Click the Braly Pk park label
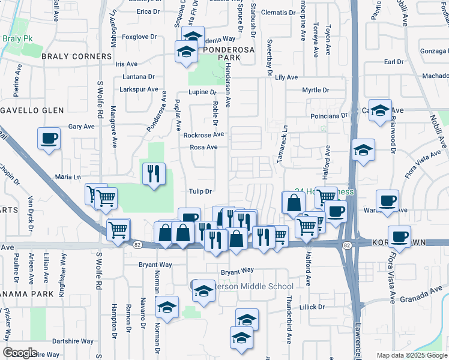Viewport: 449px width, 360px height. (x=16, y=38)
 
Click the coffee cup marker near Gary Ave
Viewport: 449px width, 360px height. (x=49, y=139)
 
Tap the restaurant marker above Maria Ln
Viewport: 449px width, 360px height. (x=153, y=173)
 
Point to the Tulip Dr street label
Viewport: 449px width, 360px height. (x=201, y=192)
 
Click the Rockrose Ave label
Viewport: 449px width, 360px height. (x=203, y=135)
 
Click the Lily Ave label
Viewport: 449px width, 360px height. (x=286, y=77)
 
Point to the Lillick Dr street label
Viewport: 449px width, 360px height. (x=312, y=307)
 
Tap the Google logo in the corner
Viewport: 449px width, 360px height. (x=20, y=352)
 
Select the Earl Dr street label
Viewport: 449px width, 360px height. (x=393, y=62)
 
